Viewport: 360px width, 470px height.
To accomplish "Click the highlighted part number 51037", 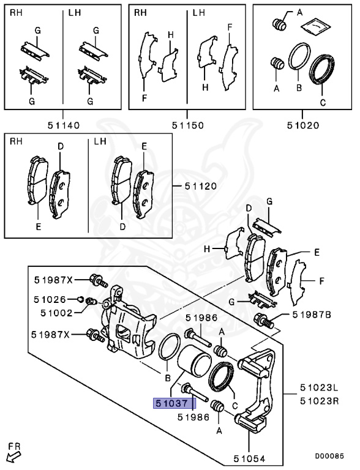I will pyautogui.click(x=174, y=403).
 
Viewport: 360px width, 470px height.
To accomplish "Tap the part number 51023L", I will pyautogui.click(x=319, y=388).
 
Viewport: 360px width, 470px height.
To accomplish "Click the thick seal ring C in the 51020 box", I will pyautogui.click(x=322, y=69).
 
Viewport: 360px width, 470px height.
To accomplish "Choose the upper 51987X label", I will pyautogui.click(x=52, y=280).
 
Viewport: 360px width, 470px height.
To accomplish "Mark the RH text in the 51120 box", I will pyautogui.click(x=16, y=143).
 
